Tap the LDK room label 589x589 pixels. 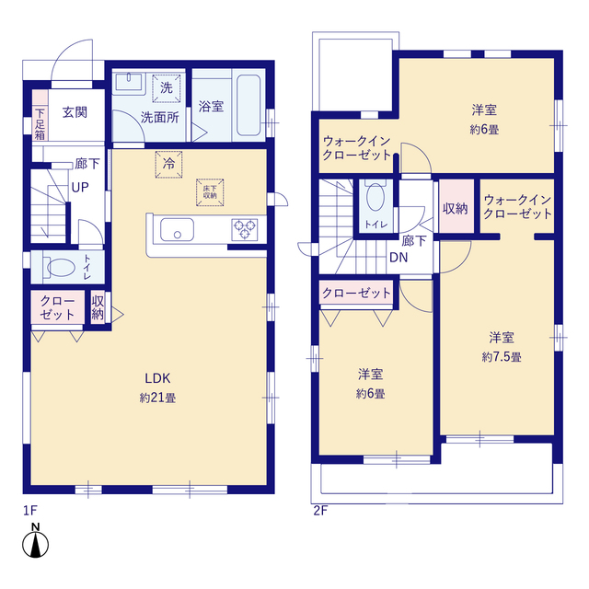[x=157, y=378]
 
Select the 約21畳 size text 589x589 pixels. [x=157, y=398]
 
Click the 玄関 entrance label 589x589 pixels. [x=75, y=112]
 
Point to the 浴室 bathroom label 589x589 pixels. [x=211, y=107]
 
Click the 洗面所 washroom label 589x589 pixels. [x=160, y=118]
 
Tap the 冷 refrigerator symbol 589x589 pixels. [x=168, y=164]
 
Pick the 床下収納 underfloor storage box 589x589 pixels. [x=210, y=192]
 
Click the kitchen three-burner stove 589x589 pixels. [x=245, y=229]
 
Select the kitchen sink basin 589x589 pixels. [x=177, y=229]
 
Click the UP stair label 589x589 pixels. [x=80, y=187]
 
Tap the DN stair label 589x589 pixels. [x=398, y=258]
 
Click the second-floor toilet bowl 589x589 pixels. [x=375, y=196]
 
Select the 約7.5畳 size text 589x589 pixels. [x=502, y=356]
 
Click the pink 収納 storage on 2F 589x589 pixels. [x=456, y=206]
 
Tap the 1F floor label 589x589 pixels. [x=30, y=511]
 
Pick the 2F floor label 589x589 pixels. [x=320, y=511]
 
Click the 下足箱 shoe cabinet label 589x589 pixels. [x=40, y=124]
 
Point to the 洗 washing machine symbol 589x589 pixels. [x=167, y=88]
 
